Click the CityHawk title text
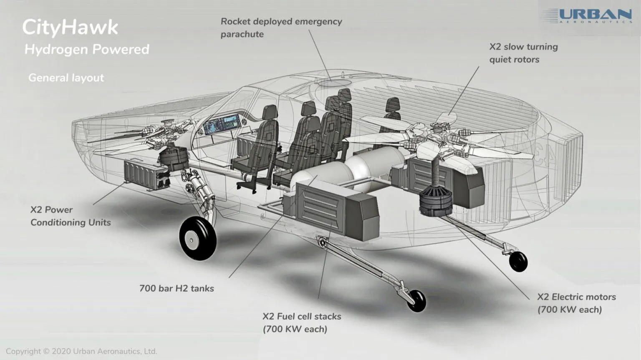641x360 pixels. (70, 28)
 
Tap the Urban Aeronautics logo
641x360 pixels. (587, 16)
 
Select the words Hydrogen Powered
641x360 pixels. (87, 50)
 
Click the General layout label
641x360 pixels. (66, 78)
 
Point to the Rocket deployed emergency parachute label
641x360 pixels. (281, 28)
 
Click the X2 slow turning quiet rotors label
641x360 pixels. (523, 53)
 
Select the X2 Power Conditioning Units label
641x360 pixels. (71, 216)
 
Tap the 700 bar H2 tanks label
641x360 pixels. (177, 288)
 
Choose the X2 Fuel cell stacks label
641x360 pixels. (302, 322)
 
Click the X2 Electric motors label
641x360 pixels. (576, 303)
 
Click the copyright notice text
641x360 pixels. (81, 351)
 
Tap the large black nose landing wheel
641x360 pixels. (198, 238)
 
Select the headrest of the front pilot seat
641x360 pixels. (270, 112)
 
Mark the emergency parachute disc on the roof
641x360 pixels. (334, 83)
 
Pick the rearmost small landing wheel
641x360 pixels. (518, 262)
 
